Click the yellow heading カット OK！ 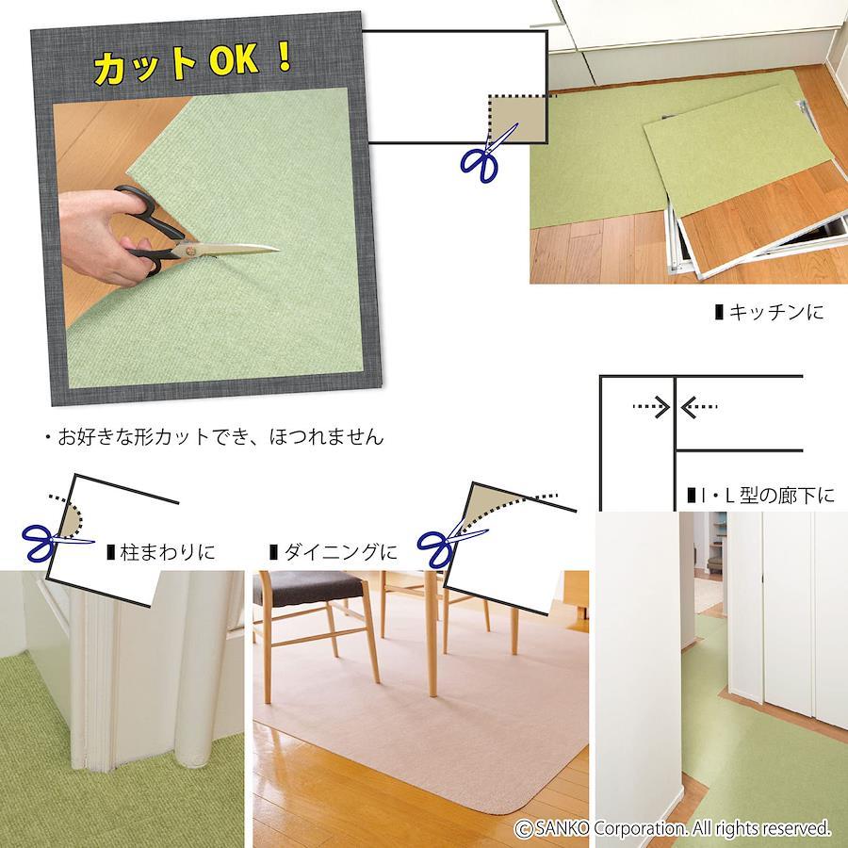coord(193,63)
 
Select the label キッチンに coord(769,312)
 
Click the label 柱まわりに coord(161,552)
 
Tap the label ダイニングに coord(334,552)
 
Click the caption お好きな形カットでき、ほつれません coord(214,436)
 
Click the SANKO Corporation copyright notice coord(672,828)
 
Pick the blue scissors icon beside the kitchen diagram coord(486,155)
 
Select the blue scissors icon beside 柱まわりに coord(52,542)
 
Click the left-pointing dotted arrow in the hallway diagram coord(699,407)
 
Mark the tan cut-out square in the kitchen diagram coord(517,119)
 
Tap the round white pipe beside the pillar coord(199,671)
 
